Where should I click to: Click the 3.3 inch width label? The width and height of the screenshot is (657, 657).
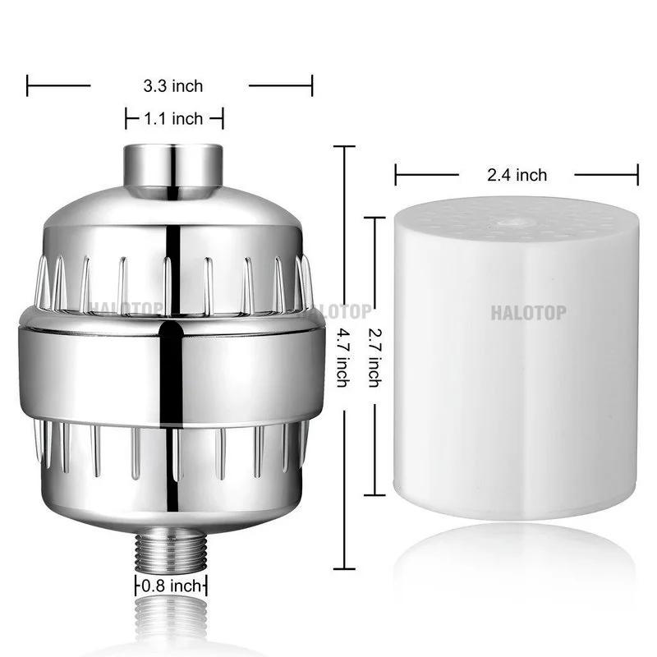point(172,85)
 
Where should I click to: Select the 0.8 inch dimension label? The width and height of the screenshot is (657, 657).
point(171,586)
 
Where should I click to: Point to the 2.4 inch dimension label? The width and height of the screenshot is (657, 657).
point(517,174)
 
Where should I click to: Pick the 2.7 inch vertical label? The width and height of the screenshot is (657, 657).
point(374,357)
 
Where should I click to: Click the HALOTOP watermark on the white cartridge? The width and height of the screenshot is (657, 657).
point(528,311)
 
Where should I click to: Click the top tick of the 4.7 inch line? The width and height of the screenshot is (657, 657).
point(342,146)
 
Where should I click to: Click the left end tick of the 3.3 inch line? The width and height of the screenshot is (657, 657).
point(28,85)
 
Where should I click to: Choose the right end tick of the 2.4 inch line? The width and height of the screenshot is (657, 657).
point(638,174)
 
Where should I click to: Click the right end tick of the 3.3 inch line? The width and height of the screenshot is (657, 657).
point(312,85)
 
